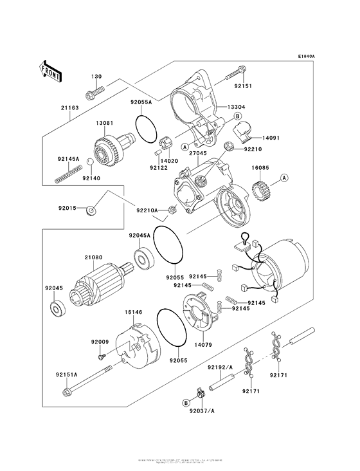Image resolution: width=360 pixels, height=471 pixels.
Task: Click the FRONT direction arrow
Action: [51, 70]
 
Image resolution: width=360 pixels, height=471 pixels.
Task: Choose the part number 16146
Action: [133, 312]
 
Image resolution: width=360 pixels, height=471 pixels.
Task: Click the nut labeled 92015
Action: [93, 209]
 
